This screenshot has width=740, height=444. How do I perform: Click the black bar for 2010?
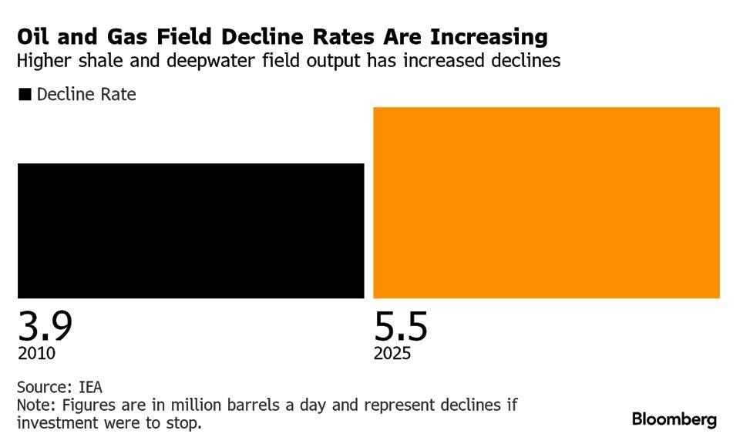pos(190,230)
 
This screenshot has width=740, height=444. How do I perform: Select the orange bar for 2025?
pos(546,202)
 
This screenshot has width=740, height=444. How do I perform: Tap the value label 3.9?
pos(45,326)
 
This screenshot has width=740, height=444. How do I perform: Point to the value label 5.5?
pos(401,326)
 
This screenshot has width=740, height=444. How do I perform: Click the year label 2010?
pos(36,354)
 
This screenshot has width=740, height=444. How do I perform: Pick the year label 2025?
pos(392,354)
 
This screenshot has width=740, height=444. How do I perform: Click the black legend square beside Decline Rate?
pos(25,95)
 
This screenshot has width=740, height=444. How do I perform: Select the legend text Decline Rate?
pos(86,95)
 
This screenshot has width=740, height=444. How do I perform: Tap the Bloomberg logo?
pos(674,420)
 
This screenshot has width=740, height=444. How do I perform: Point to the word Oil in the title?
pos(33,37)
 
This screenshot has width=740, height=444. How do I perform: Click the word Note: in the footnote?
pos(35,405)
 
